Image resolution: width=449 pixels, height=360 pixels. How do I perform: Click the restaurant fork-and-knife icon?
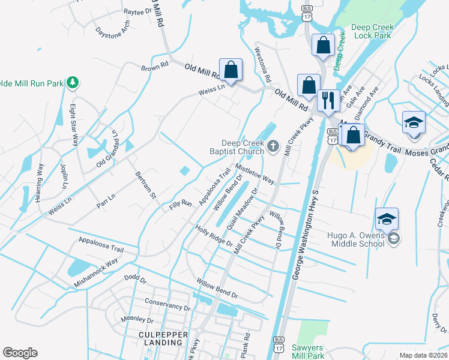[x=328, y=100]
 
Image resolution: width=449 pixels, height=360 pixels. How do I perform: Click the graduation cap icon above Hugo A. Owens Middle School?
[x=387, y=218]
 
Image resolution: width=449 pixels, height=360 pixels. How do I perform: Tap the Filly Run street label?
[x=179, y=206]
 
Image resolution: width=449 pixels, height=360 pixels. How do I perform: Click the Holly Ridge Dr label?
[x=214, y=235]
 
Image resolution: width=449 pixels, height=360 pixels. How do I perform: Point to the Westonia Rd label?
[x=263, y=66]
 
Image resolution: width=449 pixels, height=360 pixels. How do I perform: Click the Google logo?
[x=20, y=353]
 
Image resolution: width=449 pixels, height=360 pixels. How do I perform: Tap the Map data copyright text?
[x=423, y=355]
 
